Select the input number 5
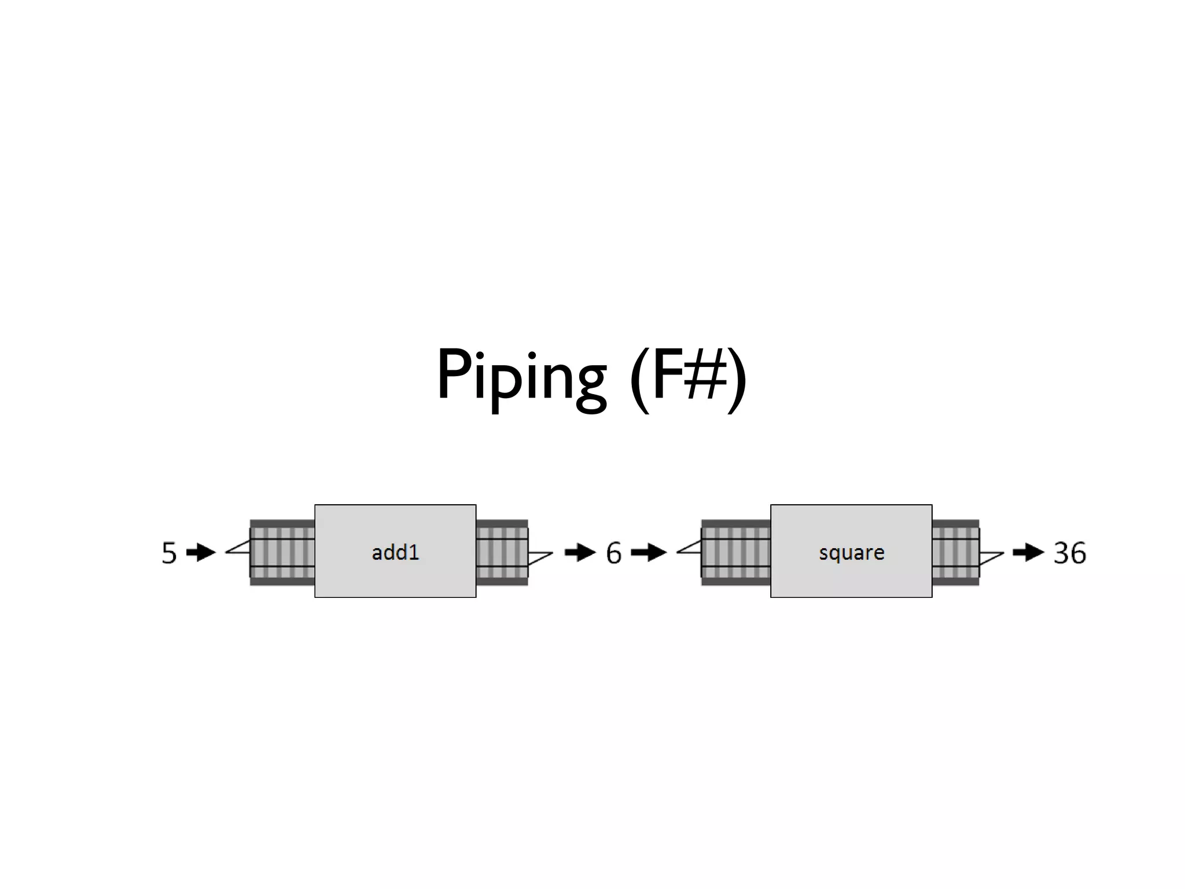(168, 553)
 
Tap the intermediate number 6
(613, 553)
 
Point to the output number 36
(1069, 553)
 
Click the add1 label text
(395, 553)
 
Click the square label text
(851, 553)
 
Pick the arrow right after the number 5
(201, 553)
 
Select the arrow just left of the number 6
(580, 553)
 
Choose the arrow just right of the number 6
(648, 553)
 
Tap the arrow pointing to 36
(1028, 553)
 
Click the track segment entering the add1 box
(282, 553)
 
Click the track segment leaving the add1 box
(502, 553)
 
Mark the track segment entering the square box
(735, 553)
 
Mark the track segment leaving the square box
(955, 553)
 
